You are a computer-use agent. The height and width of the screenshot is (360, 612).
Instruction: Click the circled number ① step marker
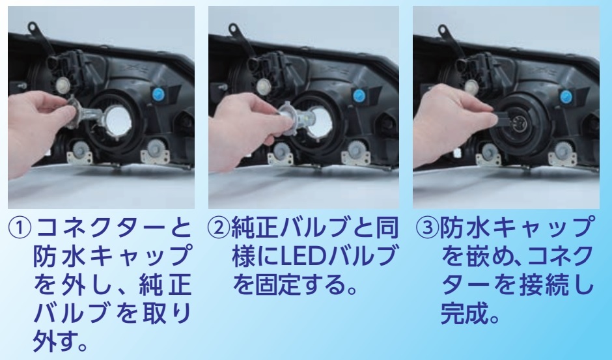coord(19,228)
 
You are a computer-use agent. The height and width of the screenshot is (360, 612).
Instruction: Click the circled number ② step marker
coord(219,228)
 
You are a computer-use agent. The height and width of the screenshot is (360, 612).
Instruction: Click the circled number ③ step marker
coord(428,228)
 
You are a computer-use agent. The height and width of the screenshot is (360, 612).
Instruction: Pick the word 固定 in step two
coord(279,284)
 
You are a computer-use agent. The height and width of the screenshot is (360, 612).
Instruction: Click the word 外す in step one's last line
coord(56,342)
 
